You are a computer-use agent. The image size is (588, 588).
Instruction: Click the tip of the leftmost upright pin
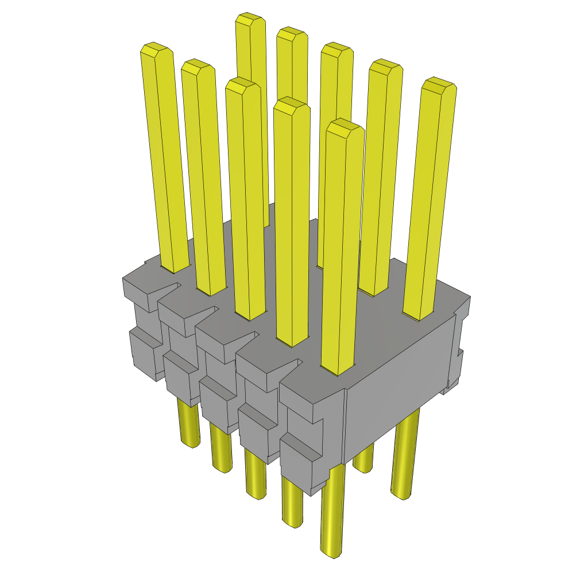coord(155,50)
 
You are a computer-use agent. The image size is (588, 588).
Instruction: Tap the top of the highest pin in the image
coord(250,19)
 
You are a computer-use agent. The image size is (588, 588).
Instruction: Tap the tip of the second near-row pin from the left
coord(198,67)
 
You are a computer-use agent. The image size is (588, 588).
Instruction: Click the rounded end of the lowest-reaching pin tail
coord(331,552)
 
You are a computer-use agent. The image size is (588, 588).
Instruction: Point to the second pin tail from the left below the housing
coord(221,454)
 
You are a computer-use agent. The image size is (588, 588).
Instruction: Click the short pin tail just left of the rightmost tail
coord(363,459)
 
